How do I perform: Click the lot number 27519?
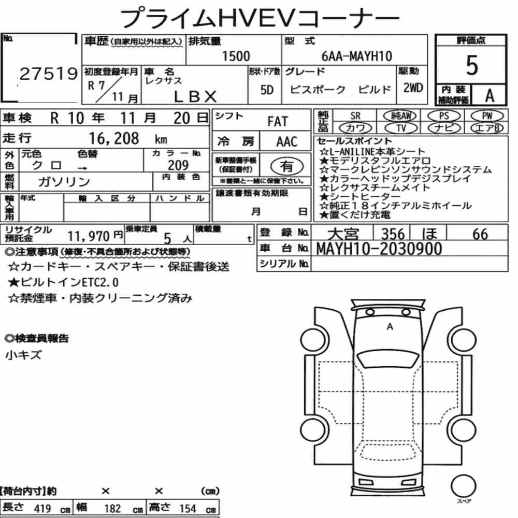coord(49,74)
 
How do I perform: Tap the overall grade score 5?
coord(472,65)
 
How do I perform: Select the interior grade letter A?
coord(490,95)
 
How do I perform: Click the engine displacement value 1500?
coord(236,56)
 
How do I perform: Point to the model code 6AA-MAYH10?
coord(357,56)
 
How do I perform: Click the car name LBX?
coord(195,96)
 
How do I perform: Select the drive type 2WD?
coord(413,88)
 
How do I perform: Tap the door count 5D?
coord(267,90)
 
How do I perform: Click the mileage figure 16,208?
coord(114,138)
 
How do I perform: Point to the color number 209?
coord(178,165)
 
